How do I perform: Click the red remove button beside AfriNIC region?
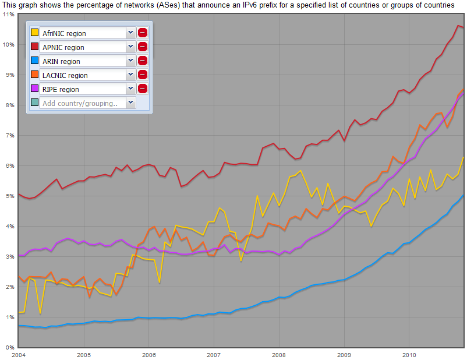coord(143,33)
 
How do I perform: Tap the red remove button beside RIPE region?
coord(143,89)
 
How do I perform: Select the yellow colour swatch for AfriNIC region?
coord(34,33)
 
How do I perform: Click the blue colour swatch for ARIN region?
coord(34,61)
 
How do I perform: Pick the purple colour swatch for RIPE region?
coord(34,89)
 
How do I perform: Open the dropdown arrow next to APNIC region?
coord(130,47)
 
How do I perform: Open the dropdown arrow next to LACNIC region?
coord(130,75)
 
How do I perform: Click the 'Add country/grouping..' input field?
coord(82,103)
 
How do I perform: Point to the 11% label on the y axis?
coord(9,14)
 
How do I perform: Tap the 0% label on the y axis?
coord(10,348)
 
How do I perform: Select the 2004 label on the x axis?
coord(19,354)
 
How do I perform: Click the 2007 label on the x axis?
coord(214,354)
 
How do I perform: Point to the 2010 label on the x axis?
coord(409,354)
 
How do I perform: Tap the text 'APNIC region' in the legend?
coord(63,48)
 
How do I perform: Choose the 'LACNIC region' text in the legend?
coord(65,76)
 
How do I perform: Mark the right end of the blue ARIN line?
coord(464,196)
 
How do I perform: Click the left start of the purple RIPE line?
coord(19,256)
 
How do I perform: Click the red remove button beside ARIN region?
coord(143,61)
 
